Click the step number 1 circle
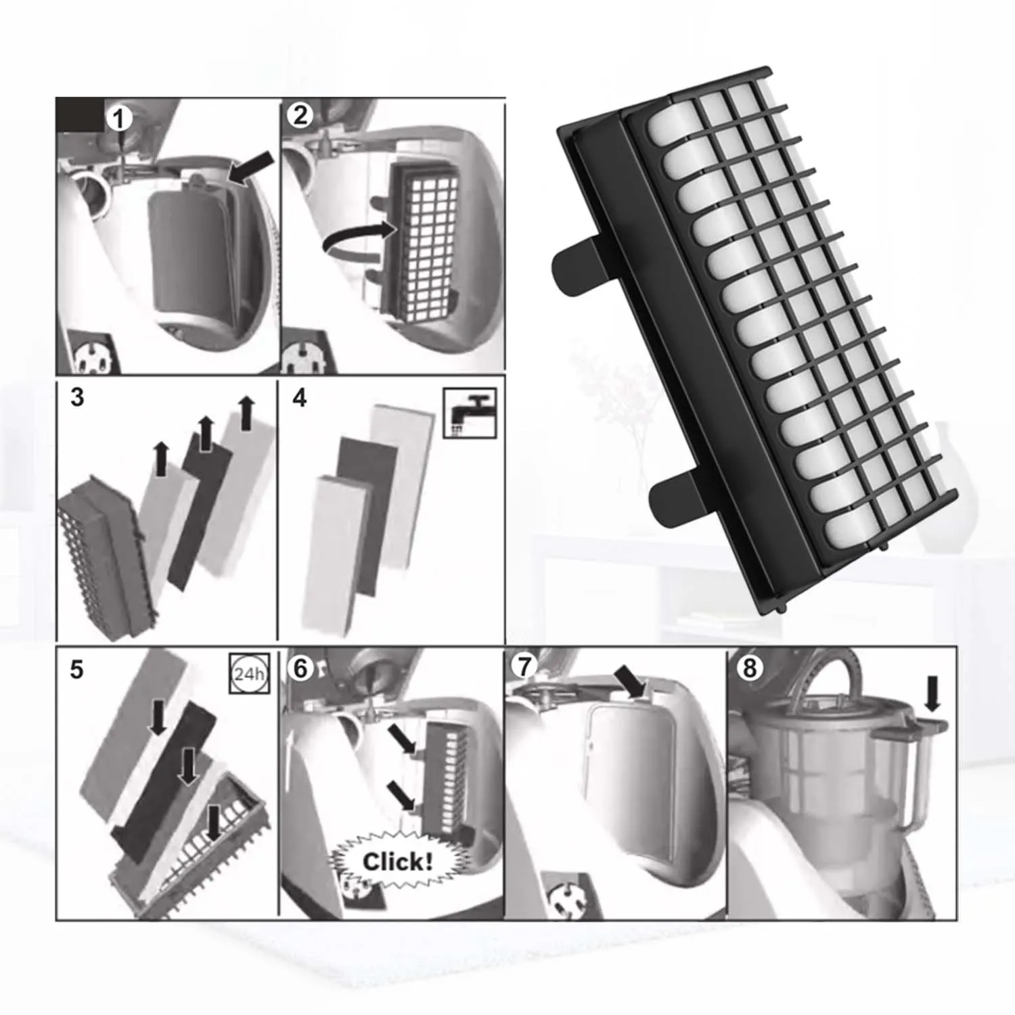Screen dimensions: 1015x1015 click(119, 119)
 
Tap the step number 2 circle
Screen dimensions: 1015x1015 click(300, 115)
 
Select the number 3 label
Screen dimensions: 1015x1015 click(77, 397)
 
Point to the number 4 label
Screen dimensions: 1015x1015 click(300, 397)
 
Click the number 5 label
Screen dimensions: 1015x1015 click(77, 669)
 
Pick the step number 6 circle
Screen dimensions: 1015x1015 click(300, 668)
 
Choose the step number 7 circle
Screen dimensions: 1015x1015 click(524, 667)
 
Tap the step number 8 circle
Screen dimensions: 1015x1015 click(749, 668)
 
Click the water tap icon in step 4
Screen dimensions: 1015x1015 click(470, 412)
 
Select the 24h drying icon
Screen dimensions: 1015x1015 click(250, 673)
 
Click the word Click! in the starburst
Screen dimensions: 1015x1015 click(397, 861)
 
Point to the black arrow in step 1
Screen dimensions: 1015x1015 click(252, 167)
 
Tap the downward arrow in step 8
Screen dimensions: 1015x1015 click(932, 694)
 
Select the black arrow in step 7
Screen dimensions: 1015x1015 click(630, 681)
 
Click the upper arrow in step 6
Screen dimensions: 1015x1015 click(402, 739)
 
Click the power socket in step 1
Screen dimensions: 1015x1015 click(92, 353)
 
